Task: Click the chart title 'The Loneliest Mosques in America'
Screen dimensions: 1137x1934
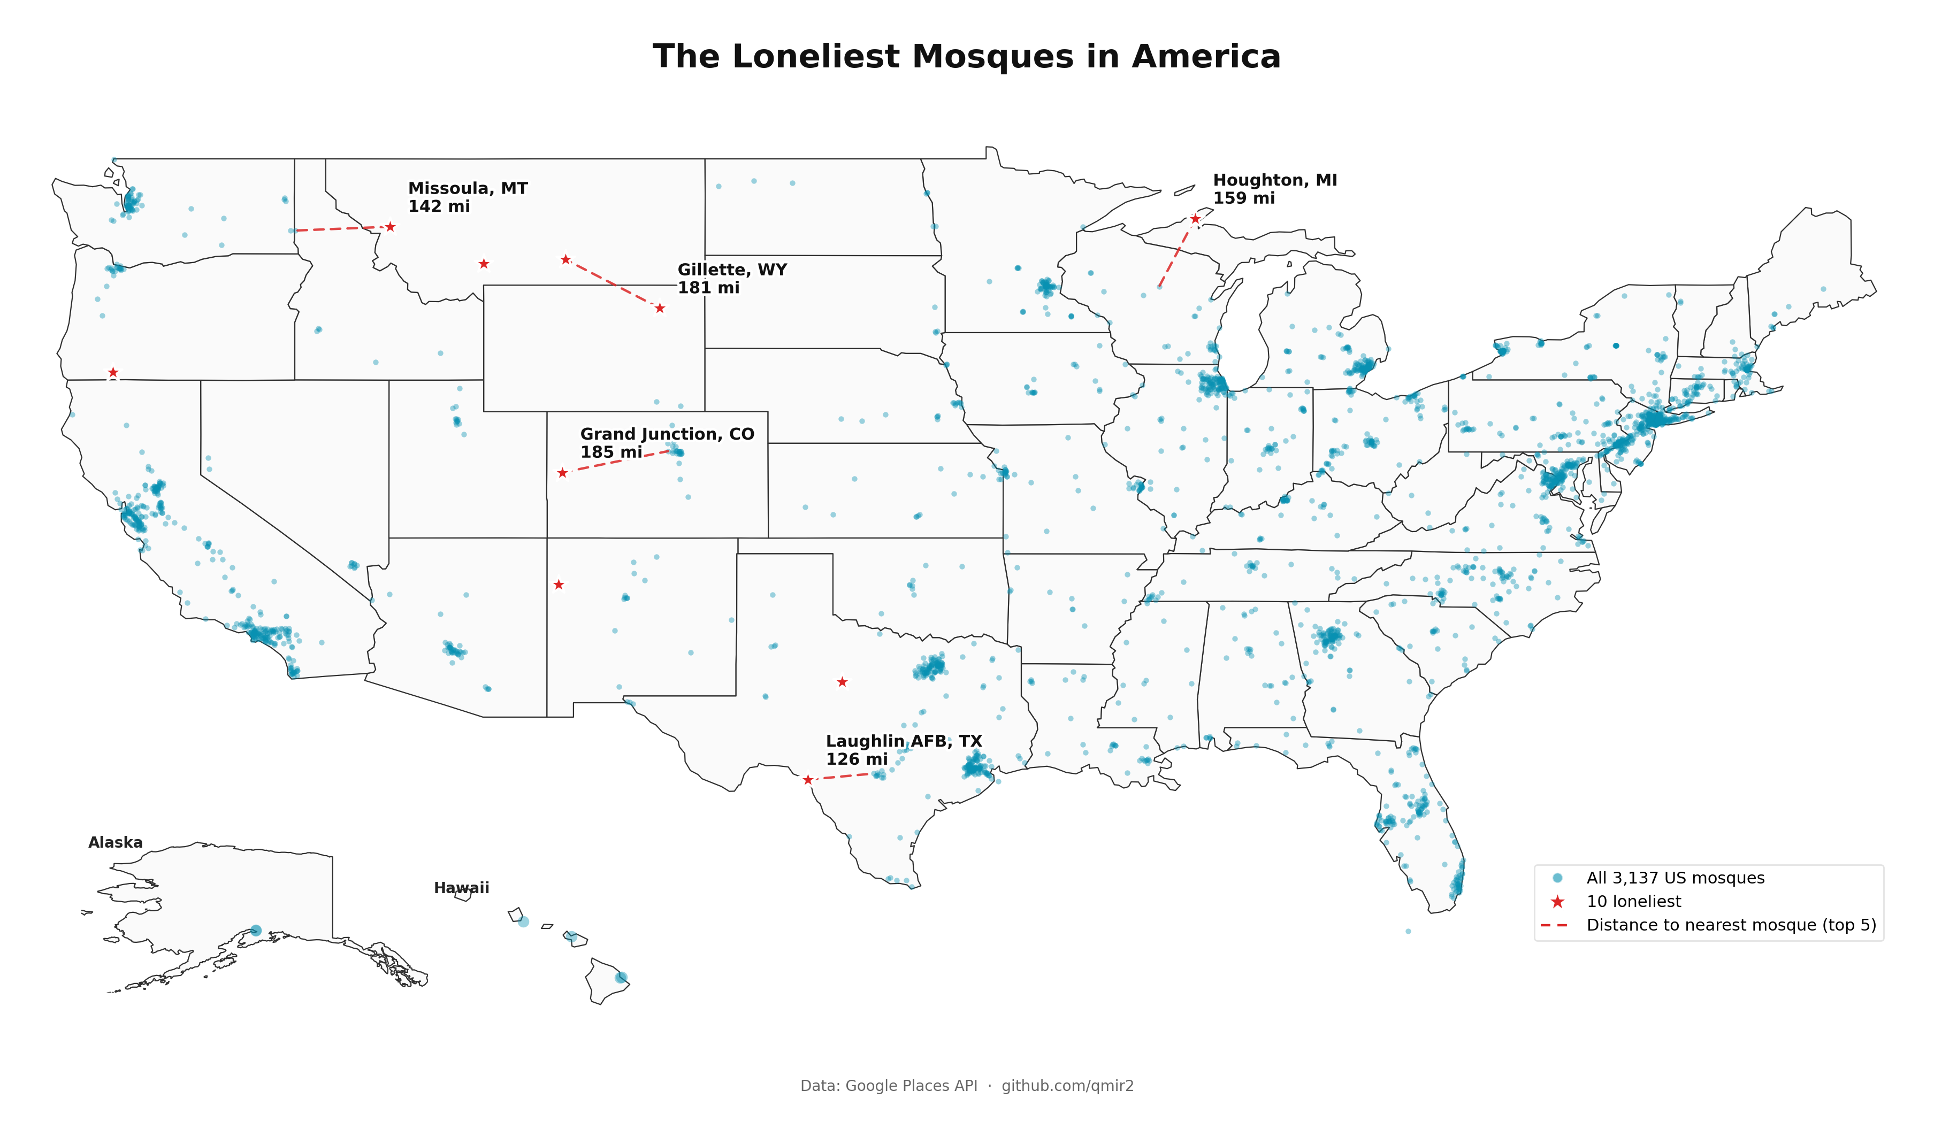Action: tap(966, 57)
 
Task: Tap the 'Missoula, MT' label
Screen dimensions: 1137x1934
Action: tap(468, 189)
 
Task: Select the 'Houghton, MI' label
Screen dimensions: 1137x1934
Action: tap(1275, 180)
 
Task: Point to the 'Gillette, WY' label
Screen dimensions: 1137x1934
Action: tap(731, 270)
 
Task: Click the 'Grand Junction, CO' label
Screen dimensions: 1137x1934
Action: tap(667, 434)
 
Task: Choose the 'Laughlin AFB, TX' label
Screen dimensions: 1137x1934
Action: tap(903, 741)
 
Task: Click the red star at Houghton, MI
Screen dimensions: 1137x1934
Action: tap(1195, 219)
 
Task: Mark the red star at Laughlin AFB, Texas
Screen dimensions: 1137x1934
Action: tap(807, 780)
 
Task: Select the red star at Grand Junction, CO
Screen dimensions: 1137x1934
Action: tap(563, 473)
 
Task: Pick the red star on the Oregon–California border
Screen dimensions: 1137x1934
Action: tap(113, 373)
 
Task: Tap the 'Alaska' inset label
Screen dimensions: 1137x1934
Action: tap(115, 842)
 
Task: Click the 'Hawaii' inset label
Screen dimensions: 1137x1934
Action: tap(461, 888)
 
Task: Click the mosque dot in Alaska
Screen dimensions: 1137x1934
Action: tap(256, 931)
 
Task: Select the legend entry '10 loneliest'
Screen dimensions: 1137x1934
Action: tap(1633, 902)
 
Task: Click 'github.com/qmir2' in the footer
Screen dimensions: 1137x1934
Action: tap(1067, 1086)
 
